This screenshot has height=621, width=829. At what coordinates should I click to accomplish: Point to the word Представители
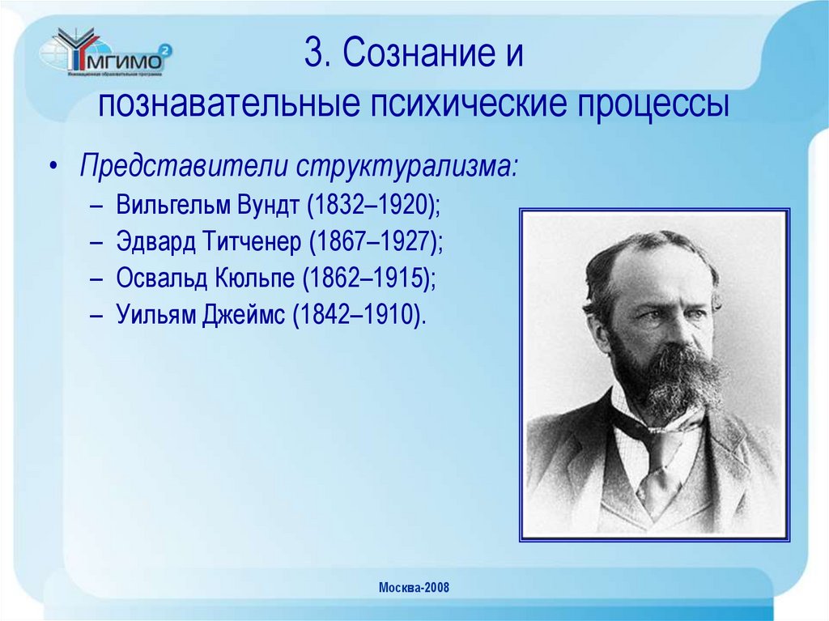183,167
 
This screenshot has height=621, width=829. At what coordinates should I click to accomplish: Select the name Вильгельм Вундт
207,204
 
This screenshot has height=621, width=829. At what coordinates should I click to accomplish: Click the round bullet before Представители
53,168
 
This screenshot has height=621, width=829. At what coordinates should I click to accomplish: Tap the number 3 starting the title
313,54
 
